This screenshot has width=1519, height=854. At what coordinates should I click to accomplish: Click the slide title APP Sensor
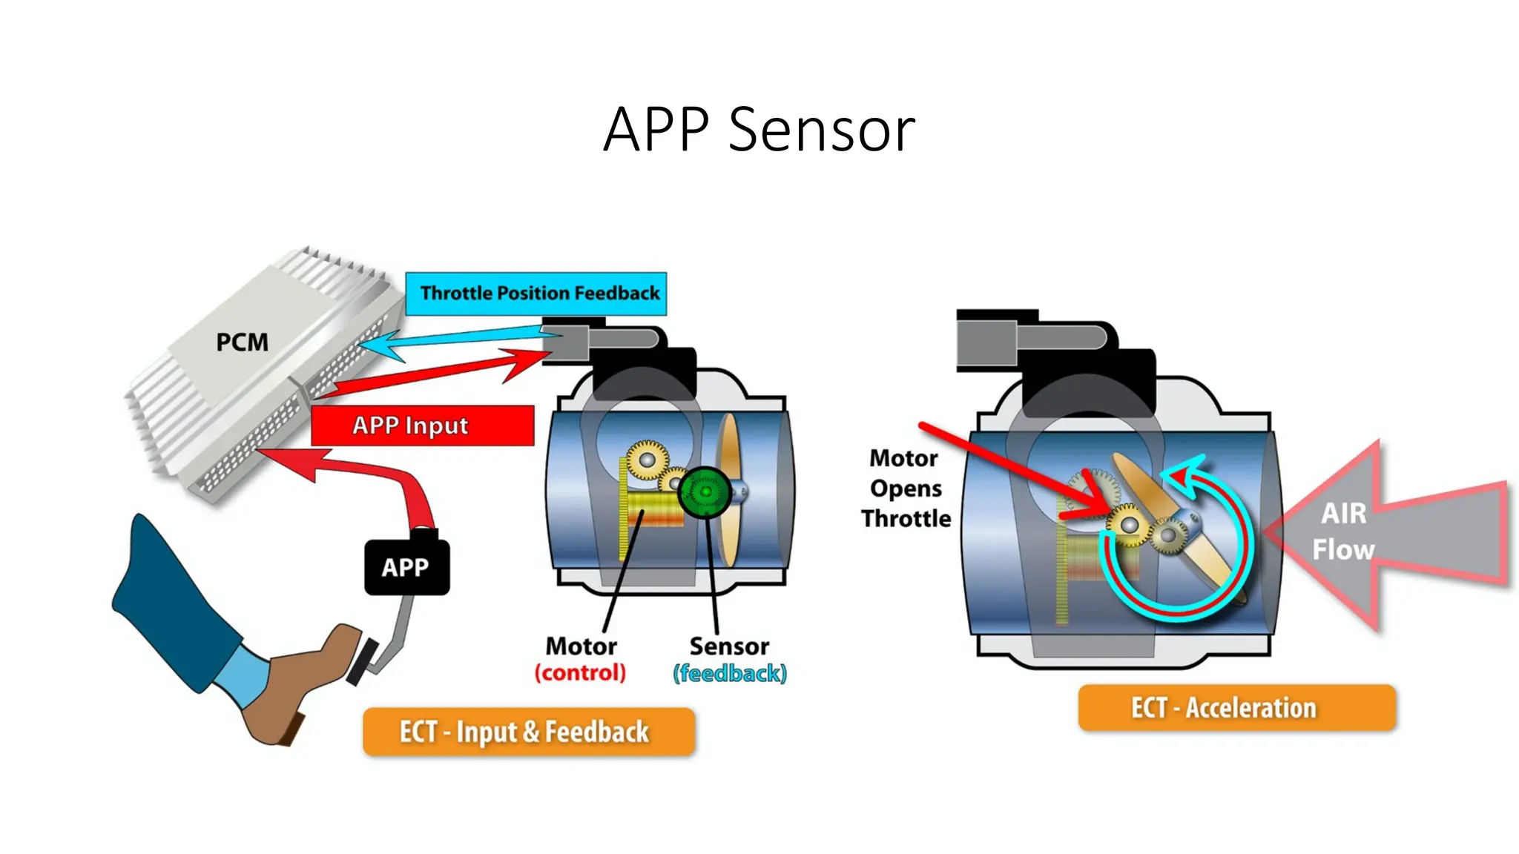click(x=759, y=129)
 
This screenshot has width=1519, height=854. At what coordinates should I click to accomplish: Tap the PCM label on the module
click(x=242, y=342)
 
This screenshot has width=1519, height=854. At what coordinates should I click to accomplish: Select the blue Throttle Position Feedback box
click(x=536, y=294)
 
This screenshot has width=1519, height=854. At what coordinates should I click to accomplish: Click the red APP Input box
click(x=422, y=426)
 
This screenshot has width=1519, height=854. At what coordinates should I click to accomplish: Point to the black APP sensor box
click(x=406, y=567)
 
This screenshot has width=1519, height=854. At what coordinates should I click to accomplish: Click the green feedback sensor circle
click(x=704, y=491)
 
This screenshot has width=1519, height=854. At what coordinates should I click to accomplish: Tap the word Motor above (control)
click(x=581, y=646)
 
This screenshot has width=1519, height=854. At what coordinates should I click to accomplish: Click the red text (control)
click(x=580, y=673)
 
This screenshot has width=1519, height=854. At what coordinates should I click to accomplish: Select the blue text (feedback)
click(x=729, y=673)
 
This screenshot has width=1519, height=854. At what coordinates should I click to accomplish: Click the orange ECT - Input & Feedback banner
click(x=528, y=732)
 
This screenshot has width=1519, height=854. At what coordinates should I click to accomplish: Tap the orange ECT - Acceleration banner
click(x=1236, y=708)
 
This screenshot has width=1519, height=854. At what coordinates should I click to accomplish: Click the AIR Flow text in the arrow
click(x=1343, y=531)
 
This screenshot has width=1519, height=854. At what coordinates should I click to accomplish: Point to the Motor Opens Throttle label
click(x=905, y=488)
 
